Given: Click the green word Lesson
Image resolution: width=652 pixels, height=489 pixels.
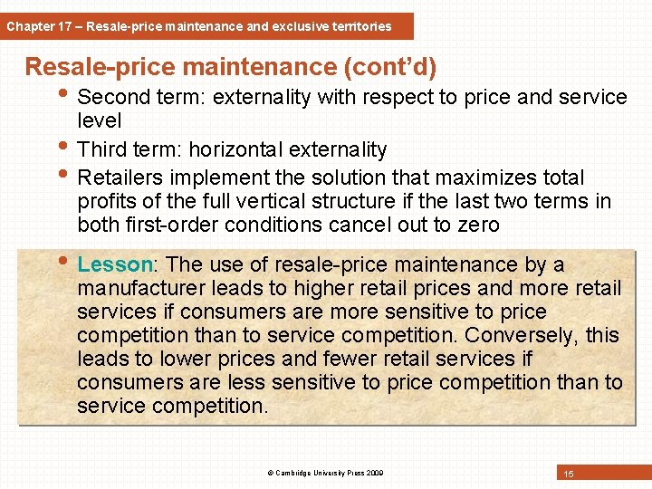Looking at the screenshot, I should coord(115,264).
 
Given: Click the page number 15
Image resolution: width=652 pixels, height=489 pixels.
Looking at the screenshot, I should coord(569,474).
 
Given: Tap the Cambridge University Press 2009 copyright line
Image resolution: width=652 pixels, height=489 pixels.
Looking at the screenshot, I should coord(326,473).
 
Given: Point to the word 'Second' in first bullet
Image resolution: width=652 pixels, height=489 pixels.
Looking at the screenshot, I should coord(113,97).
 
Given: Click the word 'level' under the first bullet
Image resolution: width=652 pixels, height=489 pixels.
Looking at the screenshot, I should coord(99,120).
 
